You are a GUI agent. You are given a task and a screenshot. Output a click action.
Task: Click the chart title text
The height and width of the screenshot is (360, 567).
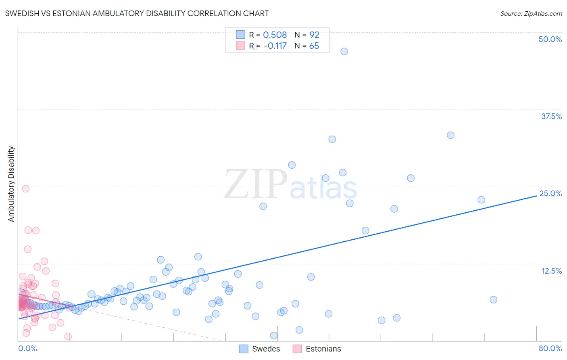(x=137, y=13)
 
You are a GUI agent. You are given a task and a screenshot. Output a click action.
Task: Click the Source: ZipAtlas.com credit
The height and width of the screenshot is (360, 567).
(x=531, y=13)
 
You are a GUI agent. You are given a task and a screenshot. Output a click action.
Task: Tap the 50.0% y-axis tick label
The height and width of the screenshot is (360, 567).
(x=550, y=39)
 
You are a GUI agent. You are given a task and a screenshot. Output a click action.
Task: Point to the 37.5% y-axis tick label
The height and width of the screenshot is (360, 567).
(x=551, y=116)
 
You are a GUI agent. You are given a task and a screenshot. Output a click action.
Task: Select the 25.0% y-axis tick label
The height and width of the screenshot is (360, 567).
(x=550, y=193)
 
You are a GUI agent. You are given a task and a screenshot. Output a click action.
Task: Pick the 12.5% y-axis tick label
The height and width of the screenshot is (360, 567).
(x=551, y=271)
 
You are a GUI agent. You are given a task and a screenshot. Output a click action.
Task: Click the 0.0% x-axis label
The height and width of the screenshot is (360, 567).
(x=27, y=348)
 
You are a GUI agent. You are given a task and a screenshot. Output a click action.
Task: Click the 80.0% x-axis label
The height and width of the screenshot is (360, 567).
(x=550, y=348)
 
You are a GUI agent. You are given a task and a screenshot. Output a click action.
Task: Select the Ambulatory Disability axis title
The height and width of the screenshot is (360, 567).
(x=11, y=184)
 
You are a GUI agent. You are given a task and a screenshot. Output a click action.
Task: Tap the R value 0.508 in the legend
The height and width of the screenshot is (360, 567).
(x=275, y=35)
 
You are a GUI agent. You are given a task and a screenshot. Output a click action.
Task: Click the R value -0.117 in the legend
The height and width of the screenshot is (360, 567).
(x=275, y=46)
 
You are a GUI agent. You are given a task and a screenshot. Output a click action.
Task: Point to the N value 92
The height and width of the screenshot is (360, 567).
(x=314, y=35)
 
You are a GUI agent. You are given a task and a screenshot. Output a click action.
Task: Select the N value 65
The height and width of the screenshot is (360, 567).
(x=314, y=46)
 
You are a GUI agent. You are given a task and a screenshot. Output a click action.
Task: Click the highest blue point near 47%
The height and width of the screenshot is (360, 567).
(x=344, y=51)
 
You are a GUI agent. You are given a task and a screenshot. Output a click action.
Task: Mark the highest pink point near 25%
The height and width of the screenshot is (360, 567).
(x=25, y=188)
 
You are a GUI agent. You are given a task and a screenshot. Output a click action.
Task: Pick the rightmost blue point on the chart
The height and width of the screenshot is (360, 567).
(x=493, y=299)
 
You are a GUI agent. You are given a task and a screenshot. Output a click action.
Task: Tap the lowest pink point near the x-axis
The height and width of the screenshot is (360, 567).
(x=68, y=337)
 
